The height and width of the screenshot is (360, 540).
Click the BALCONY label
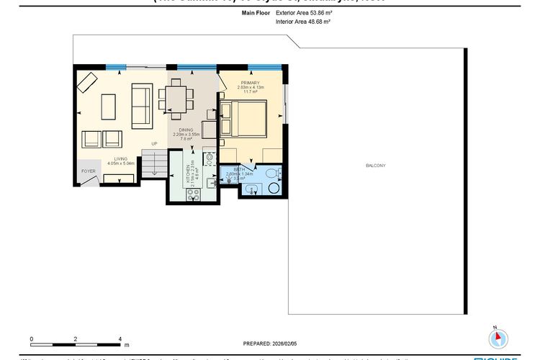[x=375, y=166]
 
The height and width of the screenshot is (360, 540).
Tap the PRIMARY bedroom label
[x=251, y=83]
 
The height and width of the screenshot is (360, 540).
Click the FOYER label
[x=88, y=171]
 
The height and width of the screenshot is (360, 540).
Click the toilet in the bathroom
[x=274, y=186]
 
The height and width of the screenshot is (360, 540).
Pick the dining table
[x=177, y=98]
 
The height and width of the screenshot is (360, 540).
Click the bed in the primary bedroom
[x=245, y=118]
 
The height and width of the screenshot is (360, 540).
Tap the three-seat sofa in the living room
[x=142, y=105]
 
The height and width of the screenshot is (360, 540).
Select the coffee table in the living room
[x=109, y=107]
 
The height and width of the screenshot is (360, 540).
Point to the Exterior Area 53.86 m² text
[x=303, y=13]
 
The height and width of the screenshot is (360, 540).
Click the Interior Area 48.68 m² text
[x=302, y=22]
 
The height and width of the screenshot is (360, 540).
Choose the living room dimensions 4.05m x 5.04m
[x=121, y=163]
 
